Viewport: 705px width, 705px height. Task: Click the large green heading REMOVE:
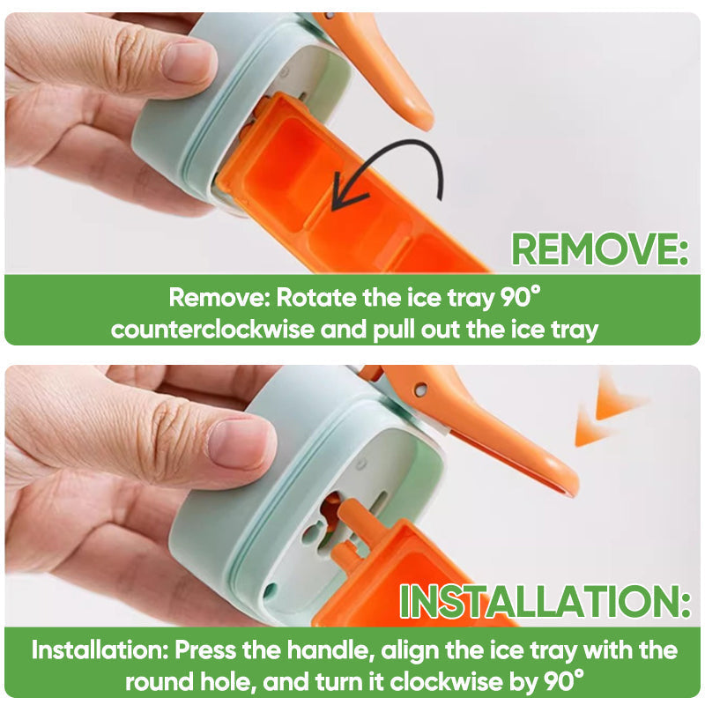[x=600, y=249]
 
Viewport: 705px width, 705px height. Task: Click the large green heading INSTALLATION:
[x=545, y=601]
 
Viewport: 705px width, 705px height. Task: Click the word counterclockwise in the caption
[x=212, y=330]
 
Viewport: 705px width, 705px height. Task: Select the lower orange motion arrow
[x=591, y=427]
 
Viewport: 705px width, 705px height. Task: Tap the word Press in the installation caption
[x=205, y=649]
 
